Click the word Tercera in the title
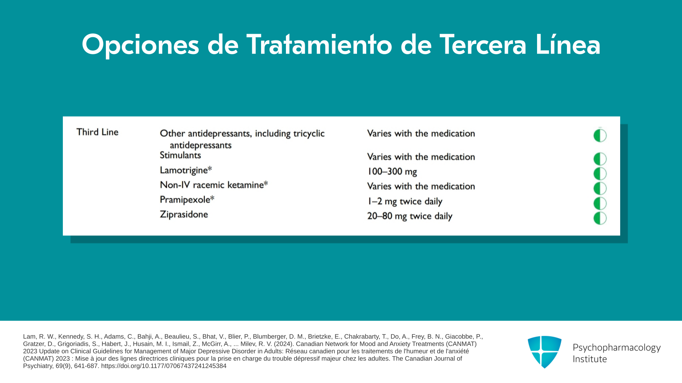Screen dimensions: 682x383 483,45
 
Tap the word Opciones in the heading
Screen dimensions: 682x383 140,45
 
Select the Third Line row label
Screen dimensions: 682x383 97,132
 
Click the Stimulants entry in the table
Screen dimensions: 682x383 180,155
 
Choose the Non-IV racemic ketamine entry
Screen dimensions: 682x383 214,185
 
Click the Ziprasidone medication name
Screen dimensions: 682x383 184,215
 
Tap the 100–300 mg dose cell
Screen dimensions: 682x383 392,172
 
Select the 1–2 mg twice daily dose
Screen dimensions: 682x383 405,201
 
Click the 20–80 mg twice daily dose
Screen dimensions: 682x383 410,216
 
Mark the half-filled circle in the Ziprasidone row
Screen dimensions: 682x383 600,218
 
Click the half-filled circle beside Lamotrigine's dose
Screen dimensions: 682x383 600,174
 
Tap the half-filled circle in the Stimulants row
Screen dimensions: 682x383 600,159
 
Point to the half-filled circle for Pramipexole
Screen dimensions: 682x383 600,203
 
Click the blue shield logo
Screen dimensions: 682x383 545,352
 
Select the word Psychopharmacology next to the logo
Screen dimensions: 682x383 617,348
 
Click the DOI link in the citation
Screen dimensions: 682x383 164,366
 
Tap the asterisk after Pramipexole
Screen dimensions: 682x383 212,198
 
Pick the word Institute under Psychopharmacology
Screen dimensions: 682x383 590,359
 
